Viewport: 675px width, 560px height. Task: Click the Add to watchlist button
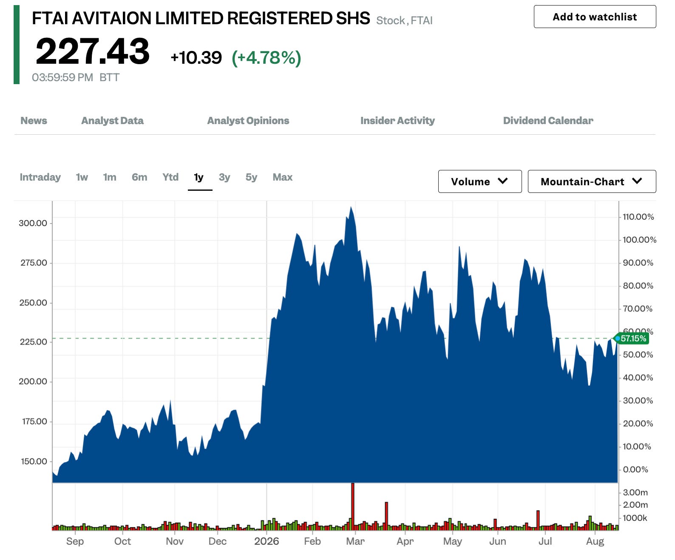[595, 17]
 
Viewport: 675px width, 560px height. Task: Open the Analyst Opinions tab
[248, 121]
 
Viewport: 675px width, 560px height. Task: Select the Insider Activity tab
[397, 121]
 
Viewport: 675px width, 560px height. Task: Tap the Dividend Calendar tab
[548, 121]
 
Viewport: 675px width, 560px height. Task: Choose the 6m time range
[139, 177]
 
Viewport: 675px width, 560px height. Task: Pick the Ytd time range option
[170, 177]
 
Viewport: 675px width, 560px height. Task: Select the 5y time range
[251, 177]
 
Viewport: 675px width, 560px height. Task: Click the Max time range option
[282, 177]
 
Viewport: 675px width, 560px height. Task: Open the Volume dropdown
[480, 181]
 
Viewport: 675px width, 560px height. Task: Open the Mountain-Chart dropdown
[592, 181]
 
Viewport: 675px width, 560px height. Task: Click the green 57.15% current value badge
[632, 338]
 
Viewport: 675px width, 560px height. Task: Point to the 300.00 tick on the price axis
[33, 223]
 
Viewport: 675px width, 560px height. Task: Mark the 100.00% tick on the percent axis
[639, 240]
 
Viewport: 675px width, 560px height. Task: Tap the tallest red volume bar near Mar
[353, 506]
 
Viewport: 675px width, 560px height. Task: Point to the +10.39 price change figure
[196, 57]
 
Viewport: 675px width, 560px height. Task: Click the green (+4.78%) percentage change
[267, 58]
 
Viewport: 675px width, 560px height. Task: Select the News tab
[34, 121]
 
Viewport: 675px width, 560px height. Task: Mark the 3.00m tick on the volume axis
[635, 492]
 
